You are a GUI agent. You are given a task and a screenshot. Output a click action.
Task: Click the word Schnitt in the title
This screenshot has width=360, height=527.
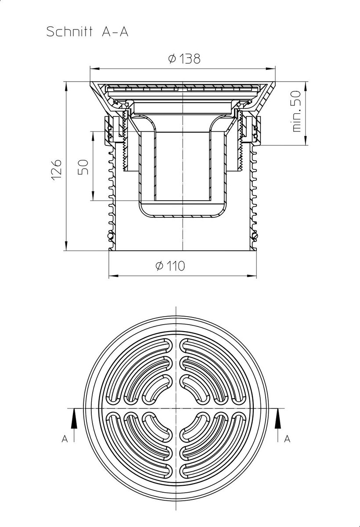[x=69, y=32]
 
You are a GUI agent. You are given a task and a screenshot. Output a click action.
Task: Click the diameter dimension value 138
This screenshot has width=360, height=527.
[x=190, y=58]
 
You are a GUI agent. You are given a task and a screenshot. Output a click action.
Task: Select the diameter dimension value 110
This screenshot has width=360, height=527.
[x=176, y=266]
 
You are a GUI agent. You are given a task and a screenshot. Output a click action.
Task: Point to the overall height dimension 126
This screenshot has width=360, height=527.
[x=57, y=170]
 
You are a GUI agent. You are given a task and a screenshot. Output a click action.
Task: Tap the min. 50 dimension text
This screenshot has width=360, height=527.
[x=296, y=112]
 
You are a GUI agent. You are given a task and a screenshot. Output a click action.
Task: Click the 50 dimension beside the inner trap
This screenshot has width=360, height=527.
[x=83, y=167]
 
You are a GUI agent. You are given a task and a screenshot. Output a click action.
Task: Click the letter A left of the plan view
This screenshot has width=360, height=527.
[x=65, y=439]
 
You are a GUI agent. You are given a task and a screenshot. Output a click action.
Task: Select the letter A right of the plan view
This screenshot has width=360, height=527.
[x=287, y=439]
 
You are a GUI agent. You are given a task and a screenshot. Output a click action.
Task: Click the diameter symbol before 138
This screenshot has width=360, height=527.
[x=172, y=58]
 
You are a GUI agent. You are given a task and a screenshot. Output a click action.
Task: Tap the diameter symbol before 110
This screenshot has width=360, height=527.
[x=159, y=266]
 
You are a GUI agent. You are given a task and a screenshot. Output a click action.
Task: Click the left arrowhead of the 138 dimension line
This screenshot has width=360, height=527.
[x=94, y=69]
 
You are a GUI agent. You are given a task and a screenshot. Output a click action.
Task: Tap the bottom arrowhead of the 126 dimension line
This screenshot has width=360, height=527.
[x=67, y=246]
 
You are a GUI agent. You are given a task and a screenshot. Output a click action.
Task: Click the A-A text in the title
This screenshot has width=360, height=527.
[x=115, y=32]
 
